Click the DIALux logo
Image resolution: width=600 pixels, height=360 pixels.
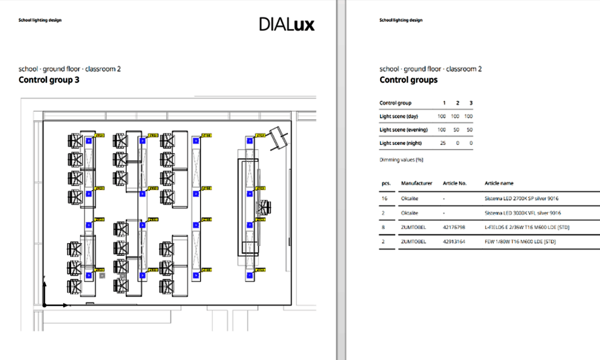pyautogui.click(x=286, y=24)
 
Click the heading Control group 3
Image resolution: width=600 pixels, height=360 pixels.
pyautogui.click(x=49, y=80)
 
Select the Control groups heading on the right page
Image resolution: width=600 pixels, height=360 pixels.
pyautogui.click(x=408, y=80)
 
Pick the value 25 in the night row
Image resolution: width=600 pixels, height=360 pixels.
pyautogui.click(x=442, y=143)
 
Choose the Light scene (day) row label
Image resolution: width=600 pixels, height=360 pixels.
pyautogui.click(x=398, y=116)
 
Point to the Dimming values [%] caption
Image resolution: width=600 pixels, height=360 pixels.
pyautogui.click(x=401, y=160)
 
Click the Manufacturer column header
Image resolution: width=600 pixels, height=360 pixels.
pyautogui.click(x=416, y=183)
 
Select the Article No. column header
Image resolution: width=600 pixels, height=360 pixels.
pyautogui.click(x=455, y=183)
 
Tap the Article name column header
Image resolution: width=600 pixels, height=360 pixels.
pyautogui.click(x=499, y=183)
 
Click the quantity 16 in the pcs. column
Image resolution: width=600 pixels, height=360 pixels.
pyautogui.click(x=384, y=198)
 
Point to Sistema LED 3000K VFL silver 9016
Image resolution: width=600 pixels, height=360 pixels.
pyautogui.click(x=523, y=213)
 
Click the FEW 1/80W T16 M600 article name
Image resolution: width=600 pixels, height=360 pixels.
pyautogui.click(x=520, y=241)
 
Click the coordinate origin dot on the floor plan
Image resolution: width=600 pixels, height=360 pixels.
pyautogui.click(x=44, y=305)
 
